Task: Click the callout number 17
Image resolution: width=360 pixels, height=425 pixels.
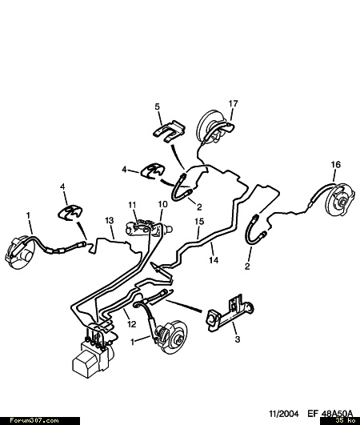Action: coord(233,103)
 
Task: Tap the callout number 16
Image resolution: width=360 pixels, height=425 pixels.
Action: coord(336,165)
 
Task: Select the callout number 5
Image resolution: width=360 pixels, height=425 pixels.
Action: coord(158,106)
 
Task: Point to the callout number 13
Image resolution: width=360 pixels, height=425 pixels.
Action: coord(110,220)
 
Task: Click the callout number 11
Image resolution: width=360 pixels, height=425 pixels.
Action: coord(132,205)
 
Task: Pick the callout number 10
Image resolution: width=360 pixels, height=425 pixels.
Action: coord(162,204)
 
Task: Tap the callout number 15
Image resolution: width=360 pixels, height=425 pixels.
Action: coord(199,222)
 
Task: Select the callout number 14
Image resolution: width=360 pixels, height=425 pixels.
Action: coord(214,260)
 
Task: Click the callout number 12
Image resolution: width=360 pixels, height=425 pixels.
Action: coord(132,324)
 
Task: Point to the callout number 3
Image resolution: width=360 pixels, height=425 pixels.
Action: coord(238,339)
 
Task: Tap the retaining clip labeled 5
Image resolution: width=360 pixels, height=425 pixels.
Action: coord(169,130)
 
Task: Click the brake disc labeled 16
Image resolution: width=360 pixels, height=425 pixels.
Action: coord(341,200)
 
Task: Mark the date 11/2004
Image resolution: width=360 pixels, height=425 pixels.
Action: coord(284,414)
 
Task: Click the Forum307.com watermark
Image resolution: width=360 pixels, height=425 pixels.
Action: coord(34,421)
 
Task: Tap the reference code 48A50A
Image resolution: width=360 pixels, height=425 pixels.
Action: coord(338,414)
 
